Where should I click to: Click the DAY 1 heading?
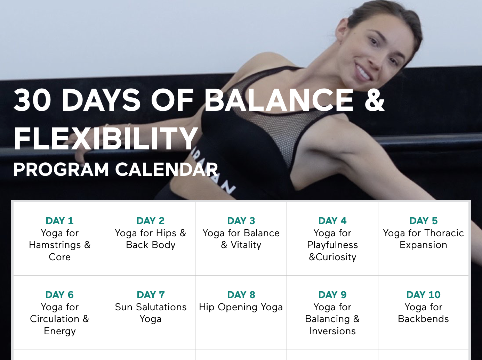click(x=59, y=221)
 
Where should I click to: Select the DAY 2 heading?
click(x=151, y=221)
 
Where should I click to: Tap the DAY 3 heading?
click(x=241, y=221)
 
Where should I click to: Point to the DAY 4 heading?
click(x=332, y=221)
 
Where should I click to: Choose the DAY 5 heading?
click(x=424, y=221)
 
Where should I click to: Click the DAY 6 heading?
click(x=59, y=295)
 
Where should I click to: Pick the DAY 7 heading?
click(x=151, y=295)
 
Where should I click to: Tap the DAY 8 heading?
click(x=241, y=295)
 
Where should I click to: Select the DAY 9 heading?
click(x=332, y=295)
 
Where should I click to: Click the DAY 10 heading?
click(x=424, y=295)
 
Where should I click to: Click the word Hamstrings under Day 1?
click(x=55, y=245)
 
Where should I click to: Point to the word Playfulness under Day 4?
click(x=332, y=245)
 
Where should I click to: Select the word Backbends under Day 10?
click(x=424, y=319)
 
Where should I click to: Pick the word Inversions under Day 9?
click(x=332, y=331)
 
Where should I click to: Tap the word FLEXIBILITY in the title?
click(x=106, y=138)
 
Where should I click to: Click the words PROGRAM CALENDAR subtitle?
click(x=115, y=170)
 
